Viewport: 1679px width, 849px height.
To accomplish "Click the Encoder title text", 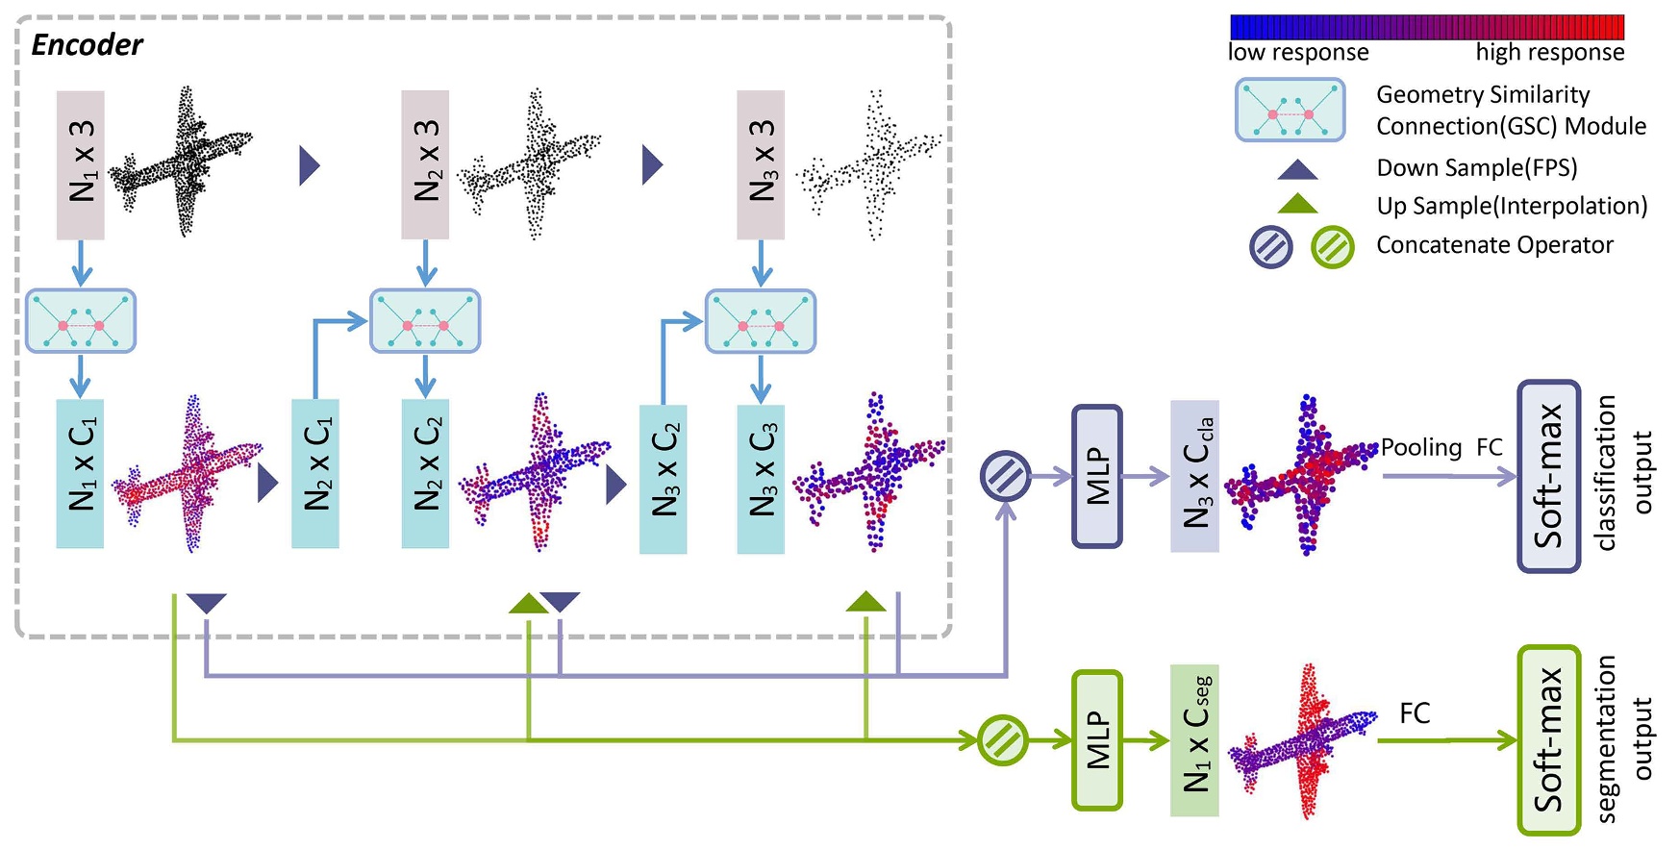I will tap(87, 45).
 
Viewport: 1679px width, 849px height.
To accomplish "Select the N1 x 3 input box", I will tap(81, 164).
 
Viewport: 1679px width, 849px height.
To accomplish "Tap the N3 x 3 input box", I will tap(761, 164).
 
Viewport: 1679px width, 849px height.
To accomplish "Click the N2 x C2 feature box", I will tap(425, 473).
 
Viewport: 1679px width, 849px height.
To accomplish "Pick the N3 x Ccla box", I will tap(1194, 476).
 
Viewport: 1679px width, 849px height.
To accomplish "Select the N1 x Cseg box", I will tap(1194, 740).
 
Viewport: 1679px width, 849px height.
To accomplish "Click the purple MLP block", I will tap(1097, 476).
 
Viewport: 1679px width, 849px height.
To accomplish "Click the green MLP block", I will tap(1097, 740).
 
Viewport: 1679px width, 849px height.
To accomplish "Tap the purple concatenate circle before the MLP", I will tap(1006, 476).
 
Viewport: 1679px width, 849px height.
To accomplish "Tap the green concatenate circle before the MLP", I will tap(1003, 740).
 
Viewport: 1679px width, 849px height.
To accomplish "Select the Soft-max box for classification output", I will tap(1548, 476).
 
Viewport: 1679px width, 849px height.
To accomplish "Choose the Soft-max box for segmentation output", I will tap(1548, 740).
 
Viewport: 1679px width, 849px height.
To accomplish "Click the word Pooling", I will tap(1421, 448).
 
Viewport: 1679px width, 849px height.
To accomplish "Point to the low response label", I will tap(1298, 53).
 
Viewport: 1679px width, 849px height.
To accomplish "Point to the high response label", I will tap(1550, 53).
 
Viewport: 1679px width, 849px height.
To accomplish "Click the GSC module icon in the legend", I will tap(1290, 111).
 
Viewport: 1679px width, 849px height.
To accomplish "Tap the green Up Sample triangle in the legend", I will tap(1297, 204).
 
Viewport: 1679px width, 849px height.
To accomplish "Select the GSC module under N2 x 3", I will tap(425, 321).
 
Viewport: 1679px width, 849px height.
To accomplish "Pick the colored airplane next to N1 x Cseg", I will tap(1303, 740).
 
